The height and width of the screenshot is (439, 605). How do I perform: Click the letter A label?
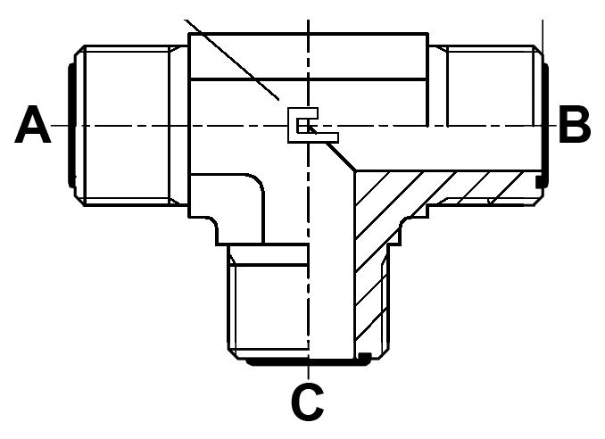(33, 124)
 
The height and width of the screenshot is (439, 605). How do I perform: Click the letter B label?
(575, 124)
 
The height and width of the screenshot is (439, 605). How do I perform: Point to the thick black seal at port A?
(71, 126)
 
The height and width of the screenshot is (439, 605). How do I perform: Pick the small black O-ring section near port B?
(540, 182)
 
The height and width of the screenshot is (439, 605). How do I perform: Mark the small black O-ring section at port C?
(365, 358)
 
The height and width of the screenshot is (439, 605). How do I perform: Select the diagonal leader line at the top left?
(232, 60)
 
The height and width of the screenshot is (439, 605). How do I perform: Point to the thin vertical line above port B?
(543, 36)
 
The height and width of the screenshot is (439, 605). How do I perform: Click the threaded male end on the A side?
(127, 126)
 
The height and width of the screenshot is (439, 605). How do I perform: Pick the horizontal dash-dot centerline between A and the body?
(120, 126)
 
